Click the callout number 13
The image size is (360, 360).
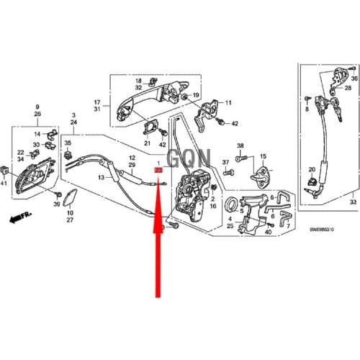pyautogui.click(x=102, y=177)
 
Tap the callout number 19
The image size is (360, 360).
pyautogui.click(x=196, y=95)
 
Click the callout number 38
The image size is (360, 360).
pyautogui.click(x=240, y=145)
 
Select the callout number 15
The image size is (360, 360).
pyautogui.click(x=264, y=156)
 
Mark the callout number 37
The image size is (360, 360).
pyautogui.click(x=225, y=161)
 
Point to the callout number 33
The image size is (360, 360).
pyautogui.click(x=352, y=204)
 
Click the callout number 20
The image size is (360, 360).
pyautogui.click(x=312, y=169)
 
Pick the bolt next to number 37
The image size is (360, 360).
pyautogui.click(x=229, y=173)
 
